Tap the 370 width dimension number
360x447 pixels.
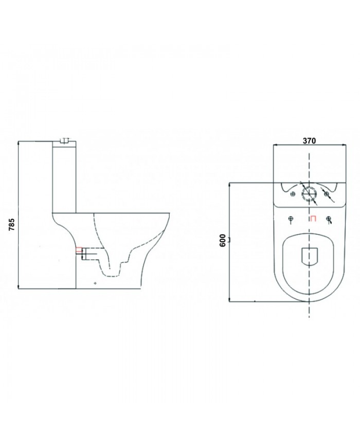click(309, 140)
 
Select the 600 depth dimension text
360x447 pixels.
click(223, 241)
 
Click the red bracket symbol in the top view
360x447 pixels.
click(312, 219)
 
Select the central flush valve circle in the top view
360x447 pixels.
click(309, 193)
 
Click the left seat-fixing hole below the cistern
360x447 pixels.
click(291, 219)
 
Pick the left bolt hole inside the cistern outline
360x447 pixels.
click(292, 194)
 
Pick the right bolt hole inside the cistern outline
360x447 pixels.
click(326, 193)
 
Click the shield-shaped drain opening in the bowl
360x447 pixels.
click(309, 256)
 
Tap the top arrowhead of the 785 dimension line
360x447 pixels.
click(19, 142)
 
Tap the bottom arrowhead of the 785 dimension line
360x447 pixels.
click(19, 287)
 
